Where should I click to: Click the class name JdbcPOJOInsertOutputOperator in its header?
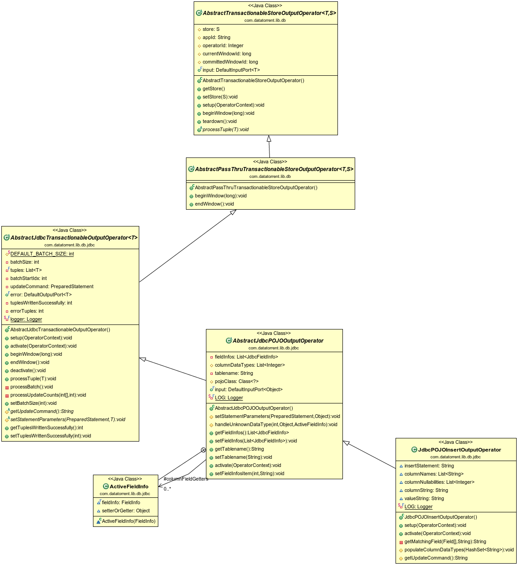(x=459, y=450)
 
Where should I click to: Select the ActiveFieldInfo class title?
(x=129, y=486)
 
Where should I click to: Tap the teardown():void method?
(x=220, y=121)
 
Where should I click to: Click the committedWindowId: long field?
(x=230, y=62)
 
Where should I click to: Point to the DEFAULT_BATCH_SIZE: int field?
(x=42, y=254)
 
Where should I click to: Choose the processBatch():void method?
(x=32, y=387)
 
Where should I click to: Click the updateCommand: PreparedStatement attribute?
(x=52, y=286)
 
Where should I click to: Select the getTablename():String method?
(x=239, y=449)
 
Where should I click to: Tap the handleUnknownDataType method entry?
(x=276, y=424)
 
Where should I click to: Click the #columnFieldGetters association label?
(x=186, y=479)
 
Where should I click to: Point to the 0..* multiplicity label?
(x=167, y=489)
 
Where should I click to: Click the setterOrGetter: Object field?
(x=126, y=511)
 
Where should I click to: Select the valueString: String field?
(x=424, y=498)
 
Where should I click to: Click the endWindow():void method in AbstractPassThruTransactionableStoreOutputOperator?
(x=214, y=204)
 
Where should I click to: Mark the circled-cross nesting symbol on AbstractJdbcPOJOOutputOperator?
(x=203, y=450)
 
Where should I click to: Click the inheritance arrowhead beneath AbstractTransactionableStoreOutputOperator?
(x=269, y=138)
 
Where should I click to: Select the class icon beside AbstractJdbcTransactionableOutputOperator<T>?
(x=6, y=237)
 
